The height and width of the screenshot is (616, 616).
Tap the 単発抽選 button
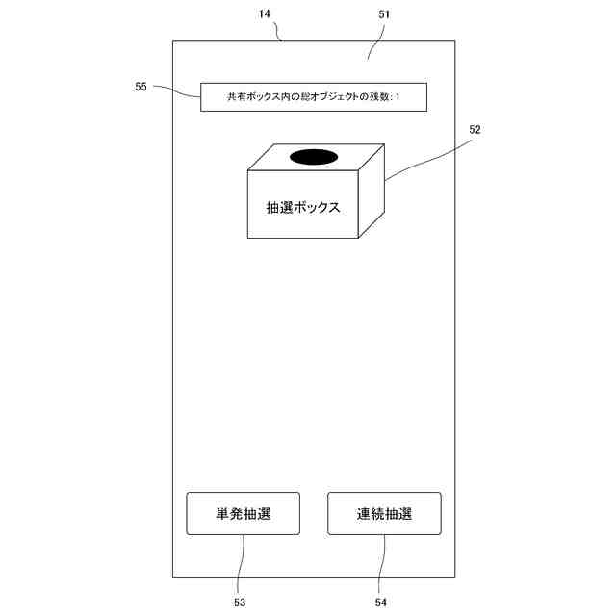click(x=243, y=513)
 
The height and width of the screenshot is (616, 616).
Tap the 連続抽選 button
click(x=384, y=513)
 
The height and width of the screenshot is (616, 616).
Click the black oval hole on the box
click(x=313, y=157)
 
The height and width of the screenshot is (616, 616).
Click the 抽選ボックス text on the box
click(x=303, y=207)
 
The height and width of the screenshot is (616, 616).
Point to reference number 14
click(x=265, y=15)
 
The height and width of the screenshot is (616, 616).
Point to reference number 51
click(x=383, y=15)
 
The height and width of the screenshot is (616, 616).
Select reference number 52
click(x=474, y=128)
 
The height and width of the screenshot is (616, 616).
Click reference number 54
click(x=380, y=602)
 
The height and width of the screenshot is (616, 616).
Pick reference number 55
click(x=141, y=87)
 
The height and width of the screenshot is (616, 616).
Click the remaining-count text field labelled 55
click(x=313, y=97)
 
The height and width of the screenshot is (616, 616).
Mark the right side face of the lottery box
click(x=372, y=192)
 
